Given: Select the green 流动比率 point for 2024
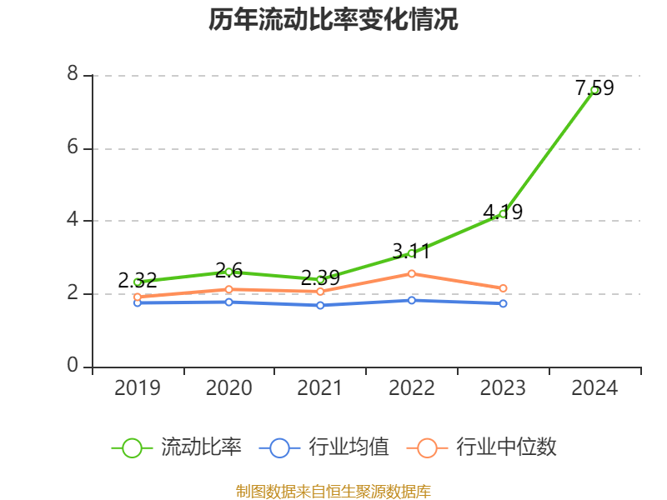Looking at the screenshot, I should (x=594, y=90).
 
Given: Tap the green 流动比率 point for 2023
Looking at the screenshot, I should (x=503, y=214).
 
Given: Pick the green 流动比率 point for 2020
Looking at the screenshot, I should (x=228, y=272).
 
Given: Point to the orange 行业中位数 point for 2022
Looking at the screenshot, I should (x=412, y=273).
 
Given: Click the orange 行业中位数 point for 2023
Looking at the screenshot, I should (x=503, y=288).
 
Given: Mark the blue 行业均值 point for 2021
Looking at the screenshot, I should (x=320, y=305).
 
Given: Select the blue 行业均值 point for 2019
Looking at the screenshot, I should (x=138, y=302).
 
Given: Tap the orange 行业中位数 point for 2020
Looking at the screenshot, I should (x=228, y=289).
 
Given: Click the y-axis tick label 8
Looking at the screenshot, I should (x=73, y=75).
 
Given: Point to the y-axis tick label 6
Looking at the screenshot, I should (x=73, y=147).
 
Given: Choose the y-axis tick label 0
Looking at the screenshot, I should (x=73, y=366).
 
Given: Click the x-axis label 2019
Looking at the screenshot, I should (x=138, y=388).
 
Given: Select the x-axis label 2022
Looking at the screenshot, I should (x=412, y=388).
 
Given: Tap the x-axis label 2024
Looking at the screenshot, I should (x=594, y=388).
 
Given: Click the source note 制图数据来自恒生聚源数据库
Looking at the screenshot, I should (x=333, y=491).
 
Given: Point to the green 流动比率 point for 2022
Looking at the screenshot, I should (x=412, y=252).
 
